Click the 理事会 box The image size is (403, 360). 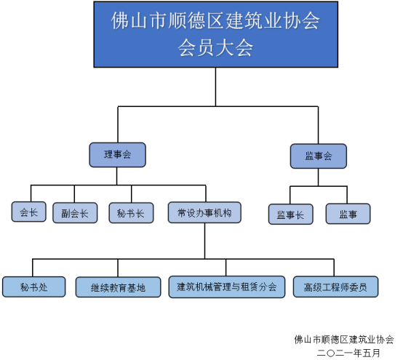[x=117, y=155]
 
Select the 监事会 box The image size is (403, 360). [x=319, y=156]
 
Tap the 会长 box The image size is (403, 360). [x=29, y=212]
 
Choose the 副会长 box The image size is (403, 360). [x=75, y=213]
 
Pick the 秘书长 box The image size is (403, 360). [x=132, y=213]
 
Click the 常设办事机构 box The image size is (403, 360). [x=204, y=212]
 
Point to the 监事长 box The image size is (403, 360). [x=291, y=214]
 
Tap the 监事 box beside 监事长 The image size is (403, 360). [x=348, y=214]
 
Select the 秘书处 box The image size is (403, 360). [x=34, y=287]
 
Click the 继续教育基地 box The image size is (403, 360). [x=119, y=287]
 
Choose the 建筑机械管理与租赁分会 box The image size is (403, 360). [x=227, y=287]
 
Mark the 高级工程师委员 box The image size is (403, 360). [x=335, y=287]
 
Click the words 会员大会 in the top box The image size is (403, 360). [x=215, y=48]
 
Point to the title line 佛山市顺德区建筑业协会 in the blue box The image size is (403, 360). [x=215, y=20]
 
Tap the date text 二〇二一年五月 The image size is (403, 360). [x=348, y=353]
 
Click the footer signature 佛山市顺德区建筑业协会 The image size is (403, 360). [x=344, y=340]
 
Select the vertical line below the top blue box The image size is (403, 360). [x=215, y=87]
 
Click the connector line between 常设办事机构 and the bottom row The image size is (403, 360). [x=205, y=241]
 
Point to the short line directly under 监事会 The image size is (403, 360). [x=318, y=177]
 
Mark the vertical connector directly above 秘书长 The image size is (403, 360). [x=132, y=194]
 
